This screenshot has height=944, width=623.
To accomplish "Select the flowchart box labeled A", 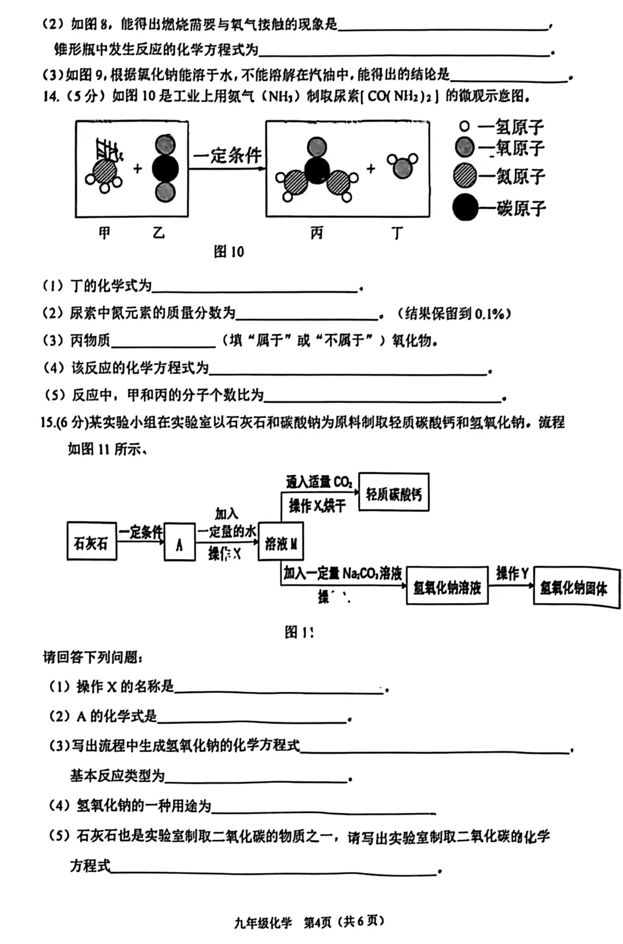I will [179, 543].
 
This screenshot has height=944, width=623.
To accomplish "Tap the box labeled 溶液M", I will [280, 542].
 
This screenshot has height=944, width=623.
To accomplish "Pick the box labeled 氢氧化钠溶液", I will [447, 586].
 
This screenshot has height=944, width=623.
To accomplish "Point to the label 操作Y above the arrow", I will [512, 573].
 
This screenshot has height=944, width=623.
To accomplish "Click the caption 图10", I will [229, 251].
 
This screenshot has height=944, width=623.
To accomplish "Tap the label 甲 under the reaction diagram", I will [104, 233].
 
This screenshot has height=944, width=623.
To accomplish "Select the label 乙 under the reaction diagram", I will [159, 233].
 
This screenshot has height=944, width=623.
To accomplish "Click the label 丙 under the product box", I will [317, 233].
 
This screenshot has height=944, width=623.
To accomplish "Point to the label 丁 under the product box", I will [397, 233].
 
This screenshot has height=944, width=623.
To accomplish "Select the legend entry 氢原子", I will [502, 126].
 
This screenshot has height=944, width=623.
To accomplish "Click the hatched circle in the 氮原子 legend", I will [465, 176].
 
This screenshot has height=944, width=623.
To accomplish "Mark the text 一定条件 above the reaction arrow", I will [227, 155].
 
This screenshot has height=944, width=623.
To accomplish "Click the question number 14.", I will [51, 96].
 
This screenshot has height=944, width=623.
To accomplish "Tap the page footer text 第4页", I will [318, 922].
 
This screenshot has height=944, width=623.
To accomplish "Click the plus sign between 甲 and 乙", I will [137, 169].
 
